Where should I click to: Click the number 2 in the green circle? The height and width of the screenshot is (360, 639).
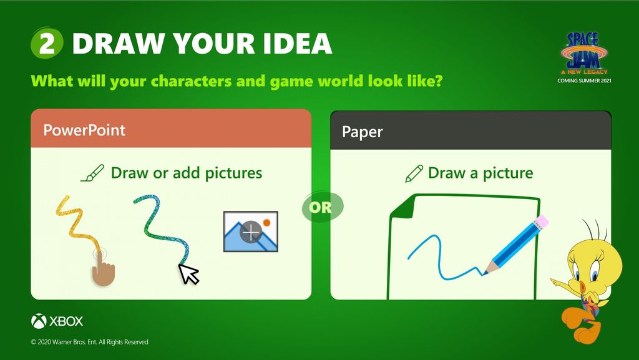(47, 43)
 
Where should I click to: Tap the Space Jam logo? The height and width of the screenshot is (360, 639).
(584, 53)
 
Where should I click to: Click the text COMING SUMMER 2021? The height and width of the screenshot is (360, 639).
(584, 80)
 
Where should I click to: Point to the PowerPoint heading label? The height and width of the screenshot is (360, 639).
(84, 130)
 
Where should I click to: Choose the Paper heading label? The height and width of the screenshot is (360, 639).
(363, 132)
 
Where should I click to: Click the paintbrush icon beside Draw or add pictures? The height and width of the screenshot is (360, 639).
(92, 173)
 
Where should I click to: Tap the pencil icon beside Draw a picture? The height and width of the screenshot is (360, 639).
(414, 173)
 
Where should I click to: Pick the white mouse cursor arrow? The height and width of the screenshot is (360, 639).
(188, 274)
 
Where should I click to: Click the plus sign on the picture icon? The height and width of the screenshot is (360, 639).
(251, 232)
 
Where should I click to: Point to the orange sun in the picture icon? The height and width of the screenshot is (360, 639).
(267, 222)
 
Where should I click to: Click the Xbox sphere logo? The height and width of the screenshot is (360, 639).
(39, 321)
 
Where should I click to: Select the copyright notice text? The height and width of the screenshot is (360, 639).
(90, 342)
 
